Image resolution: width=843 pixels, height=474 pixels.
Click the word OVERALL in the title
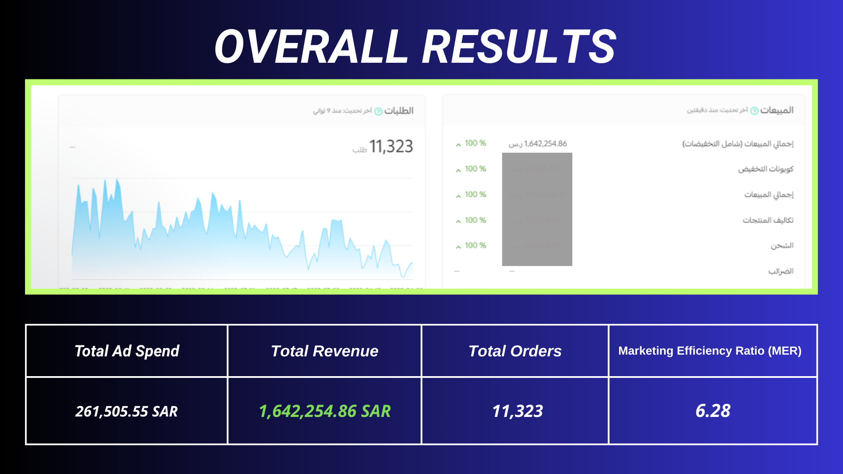point(311,47)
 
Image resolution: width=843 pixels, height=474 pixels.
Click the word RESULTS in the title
point(519,47)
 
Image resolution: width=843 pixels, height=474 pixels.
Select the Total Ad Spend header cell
point(127,351)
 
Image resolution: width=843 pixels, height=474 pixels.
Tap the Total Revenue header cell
point(324,351)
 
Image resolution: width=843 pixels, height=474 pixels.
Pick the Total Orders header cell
point(515,351)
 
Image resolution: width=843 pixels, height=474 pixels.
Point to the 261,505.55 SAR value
point(126,411)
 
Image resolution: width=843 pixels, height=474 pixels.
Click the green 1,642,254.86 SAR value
point(324,411)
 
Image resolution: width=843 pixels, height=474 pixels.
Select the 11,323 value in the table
point(517,411)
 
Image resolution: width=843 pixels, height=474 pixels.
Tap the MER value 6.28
point(713,411)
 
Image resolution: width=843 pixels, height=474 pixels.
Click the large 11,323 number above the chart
point(391,147)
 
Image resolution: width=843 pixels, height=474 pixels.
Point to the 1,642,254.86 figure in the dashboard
point(545,144)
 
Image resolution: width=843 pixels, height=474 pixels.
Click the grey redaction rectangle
point(537,209)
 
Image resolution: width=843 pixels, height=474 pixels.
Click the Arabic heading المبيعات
point(777,110)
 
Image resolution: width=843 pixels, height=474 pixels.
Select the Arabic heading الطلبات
point(399,111)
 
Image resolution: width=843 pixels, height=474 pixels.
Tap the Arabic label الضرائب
point(781,271)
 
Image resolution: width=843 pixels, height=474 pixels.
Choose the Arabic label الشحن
point(782,245)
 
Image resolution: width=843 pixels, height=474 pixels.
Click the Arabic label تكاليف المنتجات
point(768,220)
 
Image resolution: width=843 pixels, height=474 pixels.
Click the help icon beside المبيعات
point(754,111)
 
